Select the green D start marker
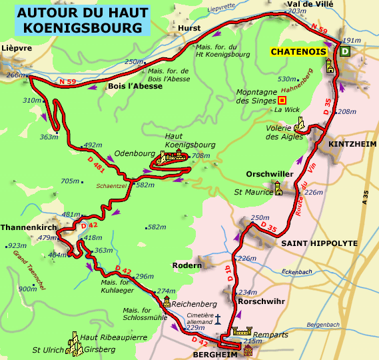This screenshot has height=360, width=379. pos(344,51)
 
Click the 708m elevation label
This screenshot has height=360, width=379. pos(201,156)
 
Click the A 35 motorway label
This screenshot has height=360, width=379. pos(365,196)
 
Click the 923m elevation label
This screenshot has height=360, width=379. pos(17,245)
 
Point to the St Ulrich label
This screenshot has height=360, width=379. pos(49,349)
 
